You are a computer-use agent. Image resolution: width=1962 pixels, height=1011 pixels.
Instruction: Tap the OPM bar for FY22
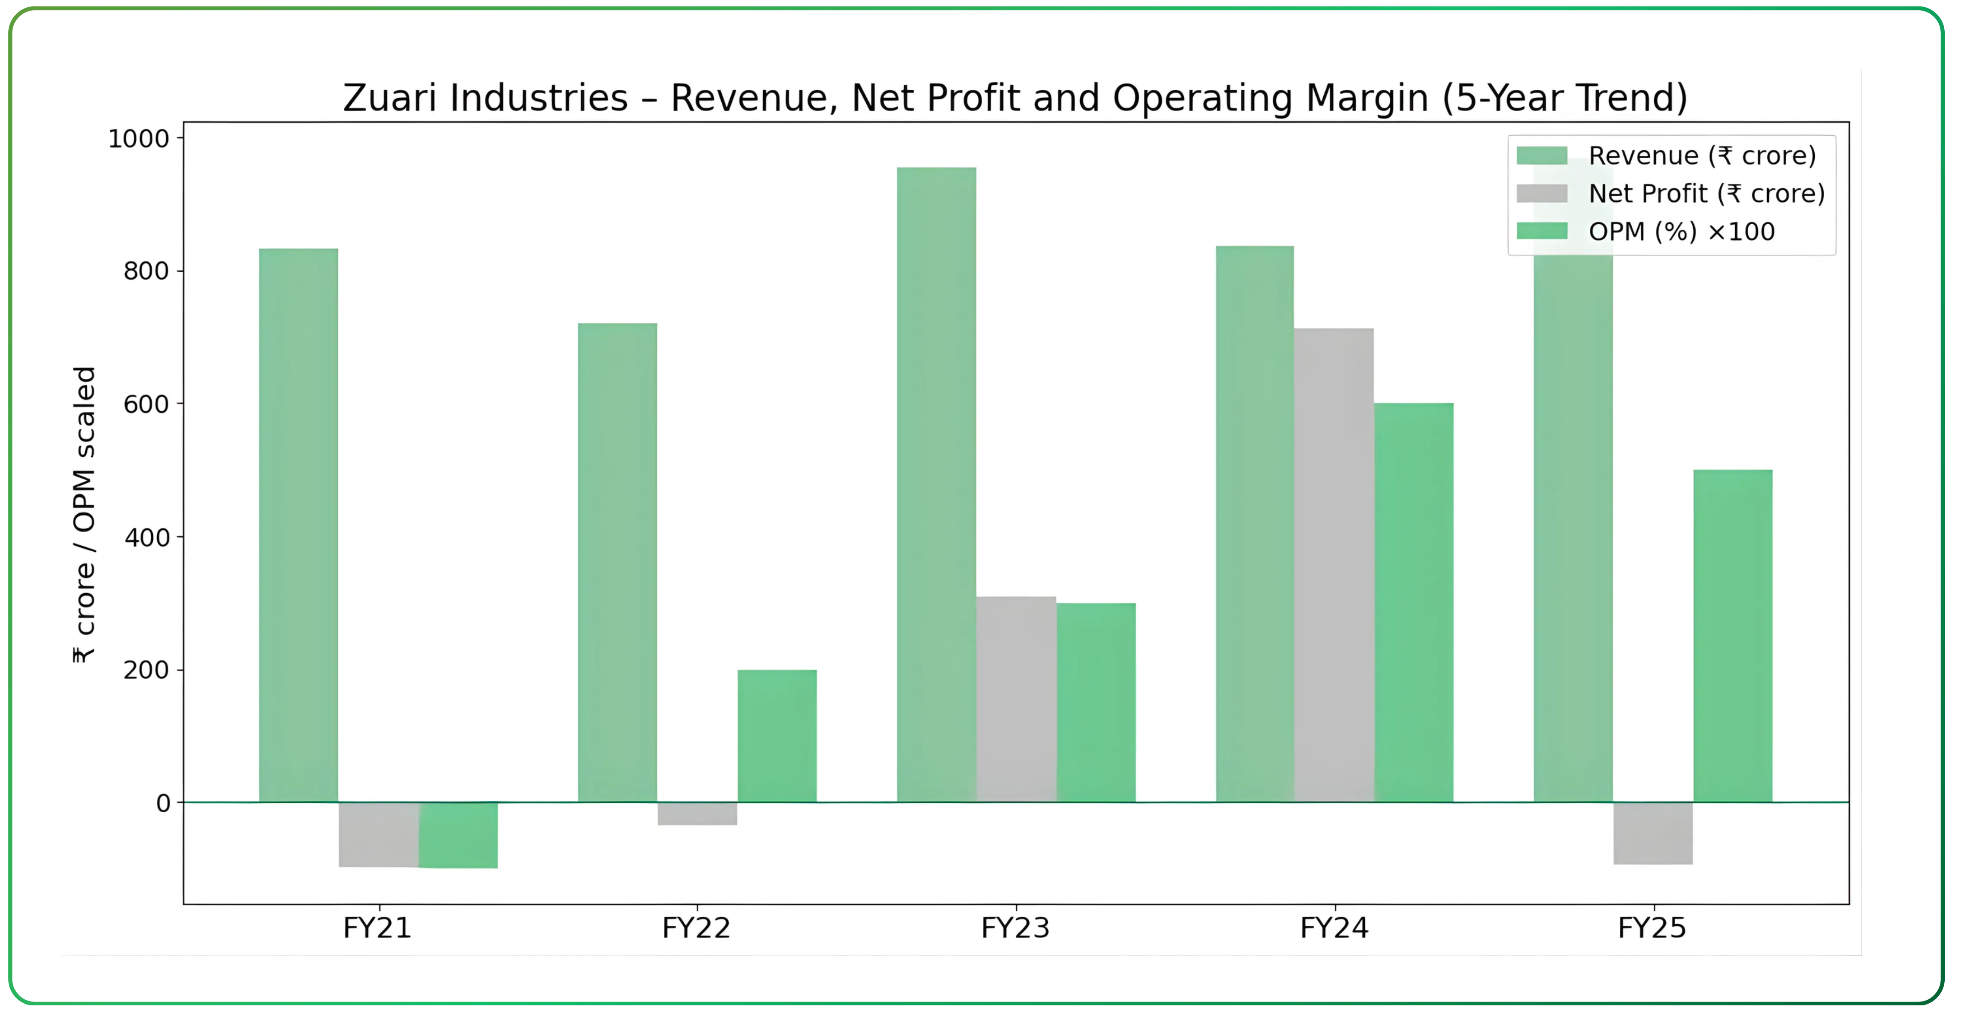tap(777, 735)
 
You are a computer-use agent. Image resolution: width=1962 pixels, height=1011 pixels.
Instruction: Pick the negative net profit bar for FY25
tap(1653, 833)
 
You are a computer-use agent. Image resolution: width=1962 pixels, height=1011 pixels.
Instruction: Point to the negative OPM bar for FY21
tap(458, 835)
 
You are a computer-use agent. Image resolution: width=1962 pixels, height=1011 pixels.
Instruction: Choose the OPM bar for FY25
tap(1733, 636)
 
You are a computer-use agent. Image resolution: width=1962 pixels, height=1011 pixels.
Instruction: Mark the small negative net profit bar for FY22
tap(697, 814)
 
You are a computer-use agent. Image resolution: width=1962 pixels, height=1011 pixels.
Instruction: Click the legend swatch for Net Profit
tap(1542, 194)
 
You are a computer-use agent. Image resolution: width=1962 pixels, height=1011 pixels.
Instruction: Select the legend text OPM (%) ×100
tap(1681, 232)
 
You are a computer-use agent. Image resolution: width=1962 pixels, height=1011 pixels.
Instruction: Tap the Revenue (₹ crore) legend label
tap(1702, 156)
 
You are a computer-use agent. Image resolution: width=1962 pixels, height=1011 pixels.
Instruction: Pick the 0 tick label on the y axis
tap(163, 803)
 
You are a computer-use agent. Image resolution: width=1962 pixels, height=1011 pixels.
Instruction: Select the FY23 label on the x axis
tap(1015, 928)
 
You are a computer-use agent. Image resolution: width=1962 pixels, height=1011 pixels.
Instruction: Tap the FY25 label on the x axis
tap(1652, 928)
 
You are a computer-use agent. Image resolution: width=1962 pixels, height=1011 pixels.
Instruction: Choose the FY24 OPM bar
tap(1413, 602)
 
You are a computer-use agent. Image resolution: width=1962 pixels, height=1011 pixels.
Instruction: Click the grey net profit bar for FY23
tap(1016, 699)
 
